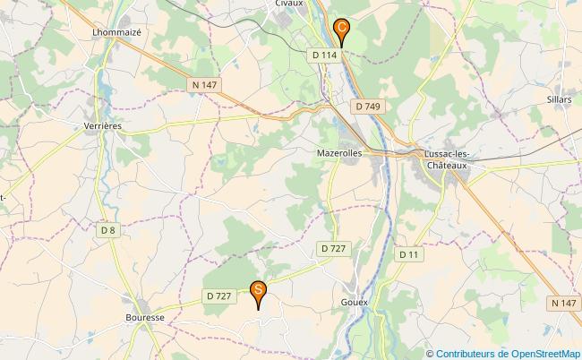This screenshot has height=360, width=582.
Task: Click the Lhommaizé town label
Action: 117,31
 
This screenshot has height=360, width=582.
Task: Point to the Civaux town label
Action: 288,4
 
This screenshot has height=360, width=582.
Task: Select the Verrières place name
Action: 102,126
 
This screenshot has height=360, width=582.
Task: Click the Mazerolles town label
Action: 339,153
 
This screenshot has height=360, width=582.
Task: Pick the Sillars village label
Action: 558,99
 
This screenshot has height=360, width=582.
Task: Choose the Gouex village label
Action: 355,303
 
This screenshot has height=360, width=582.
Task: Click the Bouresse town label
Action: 145,317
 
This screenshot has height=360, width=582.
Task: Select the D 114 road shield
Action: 325,56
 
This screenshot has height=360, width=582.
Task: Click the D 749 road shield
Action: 367,107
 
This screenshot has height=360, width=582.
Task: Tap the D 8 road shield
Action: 108,230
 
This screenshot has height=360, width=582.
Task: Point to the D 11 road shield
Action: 408,255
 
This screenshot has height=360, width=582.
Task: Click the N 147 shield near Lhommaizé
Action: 205,85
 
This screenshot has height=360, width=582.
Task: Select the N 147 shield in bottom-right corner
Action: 563,304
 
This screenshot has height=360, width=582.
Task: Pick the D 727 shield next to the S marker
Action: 218,296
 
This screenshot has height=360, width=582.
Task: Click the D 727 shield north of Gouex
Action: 332,248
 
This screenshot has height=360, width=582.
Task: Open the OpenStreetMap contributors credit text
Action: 508,353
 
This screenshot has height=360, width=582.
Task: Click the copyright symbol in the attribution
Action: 430,353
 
